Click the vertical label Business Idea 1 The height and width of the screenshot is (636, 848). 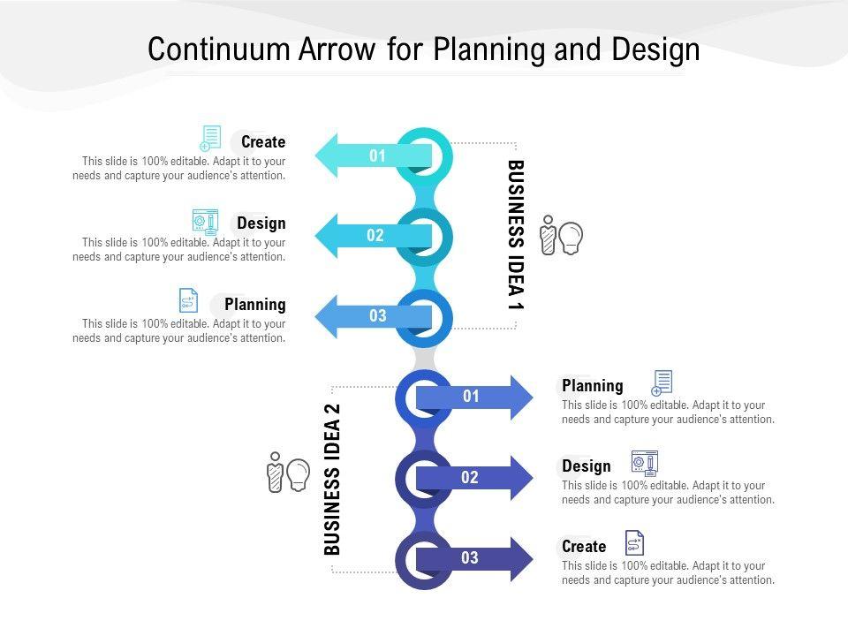[x=516, y=234]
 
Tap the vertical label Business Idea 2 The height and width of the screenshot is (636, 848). [x=332, y=479]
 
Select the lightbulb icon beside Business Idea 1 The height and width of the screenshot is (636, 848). [x=571, y=237]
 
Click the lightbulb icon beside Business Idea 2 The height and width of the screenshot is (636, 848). [x=298, y=474]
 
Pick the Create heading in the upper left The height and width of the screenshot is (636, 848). [x=263, y=142]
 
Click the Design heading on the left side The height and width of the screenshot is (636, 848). [x=261, y=223]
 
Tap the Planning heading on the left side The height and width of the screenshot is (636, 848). [x=255, y=305]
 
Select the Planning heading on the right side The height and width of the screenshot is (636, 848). [x=593, y=386]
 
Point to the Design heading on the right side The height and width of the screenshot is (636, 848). [x=587, y=466]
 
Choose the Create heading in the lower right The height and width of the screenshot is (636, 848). [x=584, y=547]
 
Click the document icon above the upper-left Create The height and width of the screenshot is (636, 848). [x=210, y=138]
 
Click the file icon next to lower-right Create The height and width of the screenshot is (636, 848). [x=634, y=542]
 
